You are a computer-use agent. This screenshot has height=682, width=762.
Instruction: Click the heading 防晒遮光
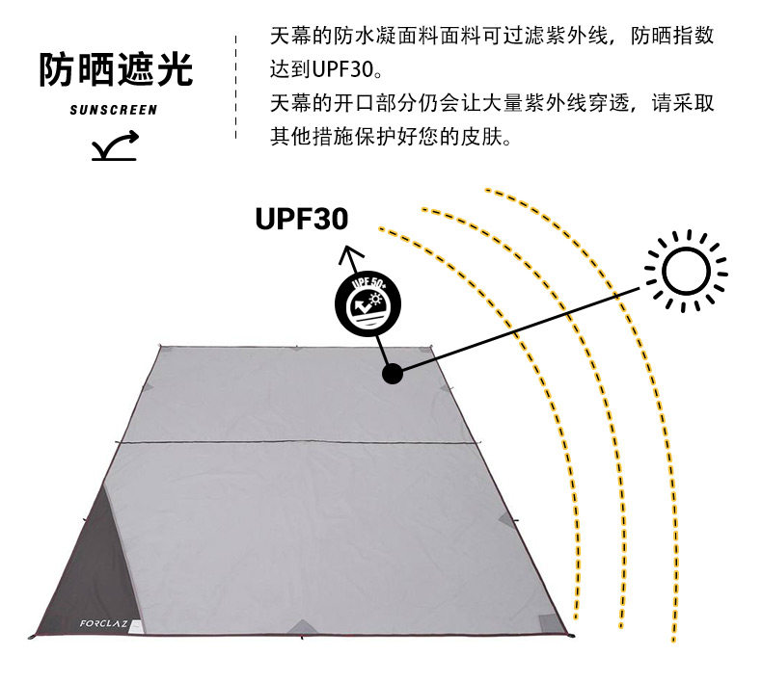pos(116,70)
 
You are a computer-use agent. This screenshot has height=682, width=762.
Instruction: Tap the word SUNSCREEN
pos(114,110)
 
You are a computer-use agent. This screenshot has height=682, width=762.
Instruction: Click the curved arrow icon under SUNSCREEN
pos(115,145)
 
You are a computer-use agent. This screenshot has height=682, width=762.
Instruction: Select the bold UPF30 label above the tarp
pos(301,219)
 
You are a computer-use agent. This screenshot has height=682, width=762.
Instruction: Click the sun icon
pos(686,271)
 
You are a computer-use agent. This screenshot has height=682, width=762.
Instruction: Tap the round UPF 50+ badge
pos(367,303)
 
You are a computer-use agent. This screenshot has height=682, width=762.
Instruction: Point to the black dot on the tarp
pos(393,374)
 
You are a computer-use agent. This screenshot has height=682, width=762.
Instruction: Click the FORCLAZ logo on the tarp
pos(103,623)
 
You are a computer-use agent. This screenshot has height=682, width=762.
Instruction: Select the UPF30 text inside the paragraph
pos(342,69)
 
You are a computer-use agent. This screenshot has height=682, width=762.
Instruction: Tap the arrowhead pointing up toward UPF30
pos(350,253)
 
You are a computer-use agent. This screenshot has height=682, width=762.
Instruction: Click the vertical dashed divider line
pos(236,87)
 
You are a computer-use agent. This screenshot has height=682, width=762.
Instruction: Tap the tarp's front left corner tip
pos(31,637)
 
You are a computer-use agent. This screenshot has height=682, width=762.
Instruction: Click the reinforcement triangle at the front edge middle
pos(302,627)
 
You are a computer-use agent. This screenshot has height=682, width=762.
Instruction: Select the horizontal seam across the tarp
pos(297,442)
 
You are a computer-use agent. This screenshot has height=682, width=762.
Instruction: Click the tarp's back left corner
pos(161,347)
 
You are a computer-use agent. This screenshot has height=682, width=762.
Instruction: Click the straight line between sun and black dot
pos(521,330)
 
